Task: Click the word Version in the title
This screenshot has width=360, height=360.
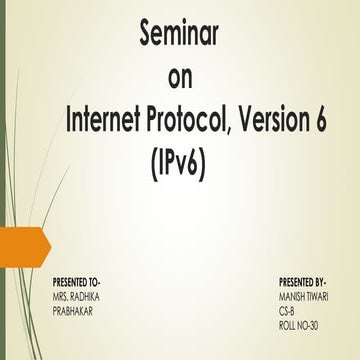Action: (283, 120)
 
